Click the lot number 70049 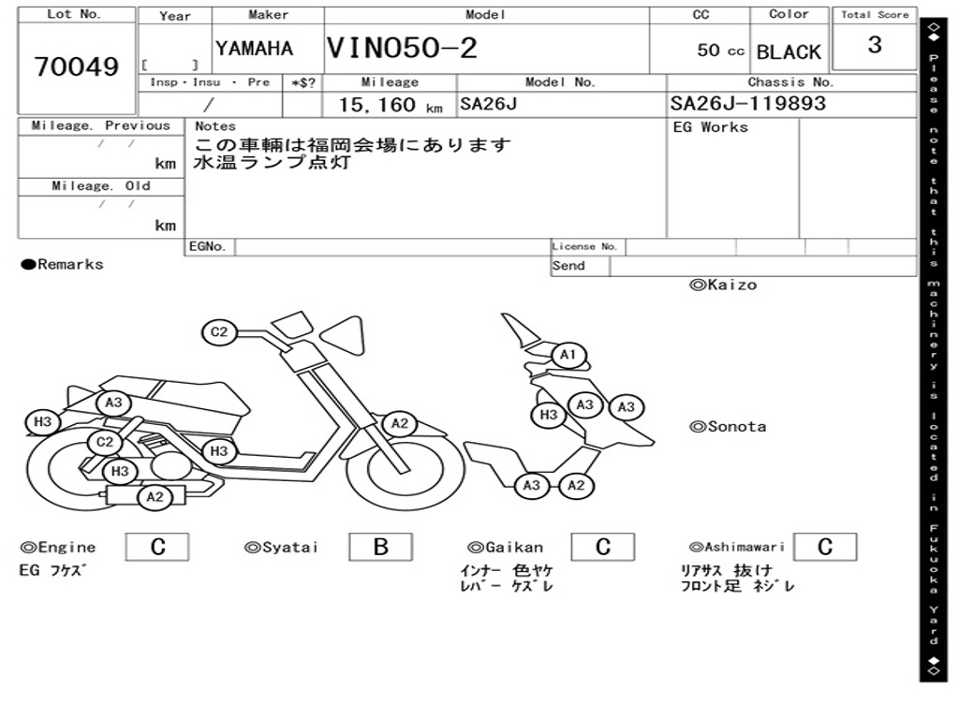[x=77, y=66]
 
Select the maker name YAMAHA [x=254, y=49]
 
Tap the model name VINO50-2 [x=402, y=48]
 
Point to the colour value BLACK [x=789, y=52]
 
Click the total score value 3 [x=874, y=45]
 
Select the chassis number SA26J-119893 [x=748, y=103]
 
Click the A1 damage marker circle [x=568, y=356]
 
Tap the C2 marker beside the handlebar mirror [x=219, y=331]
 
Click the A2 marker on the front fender [x=400, y=423]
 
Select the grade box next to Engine [x=157, y=547]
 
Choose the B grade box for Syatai [x=380, y=547]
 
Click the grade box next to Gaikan [x=602, y=547]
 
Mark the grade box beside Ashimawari [x=824, y=547]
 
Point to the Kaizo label [x=723, y=285]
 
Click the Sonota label [x=728, y=427]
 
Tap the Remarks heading [x=64, y=265]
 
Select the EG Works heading [x=711, y=126]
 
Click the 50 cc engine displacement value [x=720, y=51]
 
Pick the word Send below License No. [x=568, y=266]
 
